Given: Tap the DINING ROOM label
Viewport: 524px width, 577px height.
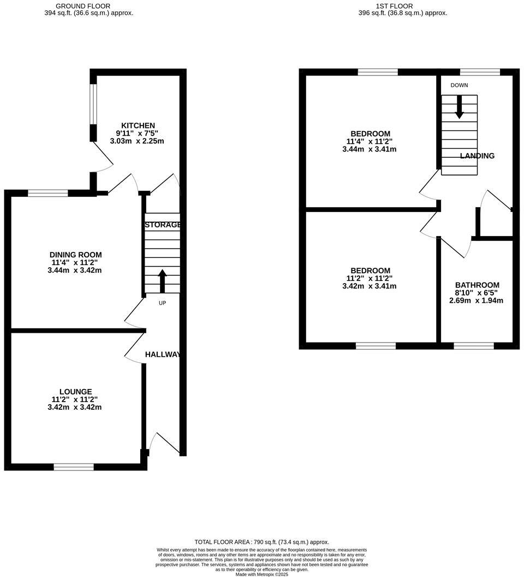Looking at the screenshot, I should click(x=75, y=255).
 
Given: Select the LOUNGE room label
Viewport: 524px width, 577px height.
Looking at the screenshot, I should click(x=75, y=391).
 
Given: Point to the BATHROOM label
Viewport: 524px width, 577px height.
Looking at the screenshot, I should click(x=477, y=285).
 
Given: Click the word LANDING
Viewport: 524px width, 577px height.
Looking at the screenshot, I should click(x=477, y=156).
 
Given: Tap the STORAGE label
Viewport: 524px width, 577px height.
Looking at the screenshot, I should click(x=162, y=225).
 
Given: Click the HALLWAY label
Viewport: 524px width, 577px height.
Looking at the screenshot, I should click(x=163, y=355).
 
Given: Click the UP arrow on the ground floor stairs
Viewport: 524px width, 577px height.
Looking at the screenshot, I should click(x=162, y=280).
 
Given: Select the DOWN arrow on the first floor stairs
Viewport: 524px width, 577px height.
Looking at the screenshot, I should click(x=459, y=107).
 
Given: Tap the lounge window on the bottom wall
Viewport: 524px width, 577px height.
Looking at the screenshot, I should click(x=74, y=467).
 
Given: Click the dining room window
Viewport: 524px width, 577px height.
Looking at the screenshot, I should click(x=48, y=193).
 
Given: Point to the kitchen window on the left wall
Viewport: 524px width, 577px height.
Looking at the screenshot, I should click(x=93, y=104).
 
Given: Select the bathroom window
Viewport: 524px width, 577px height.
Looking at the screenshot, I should click(x=474, y=346).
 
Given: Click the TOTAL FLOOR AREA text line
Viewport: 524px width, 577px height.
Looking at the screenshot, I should click(x=262, y=542).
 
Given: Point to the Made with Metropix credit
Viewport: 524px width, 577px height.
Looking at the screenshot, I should click(x=262, y=574).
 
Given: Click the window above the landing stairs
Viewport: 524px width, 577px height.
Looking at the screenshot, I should click(x=480, y=72).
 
